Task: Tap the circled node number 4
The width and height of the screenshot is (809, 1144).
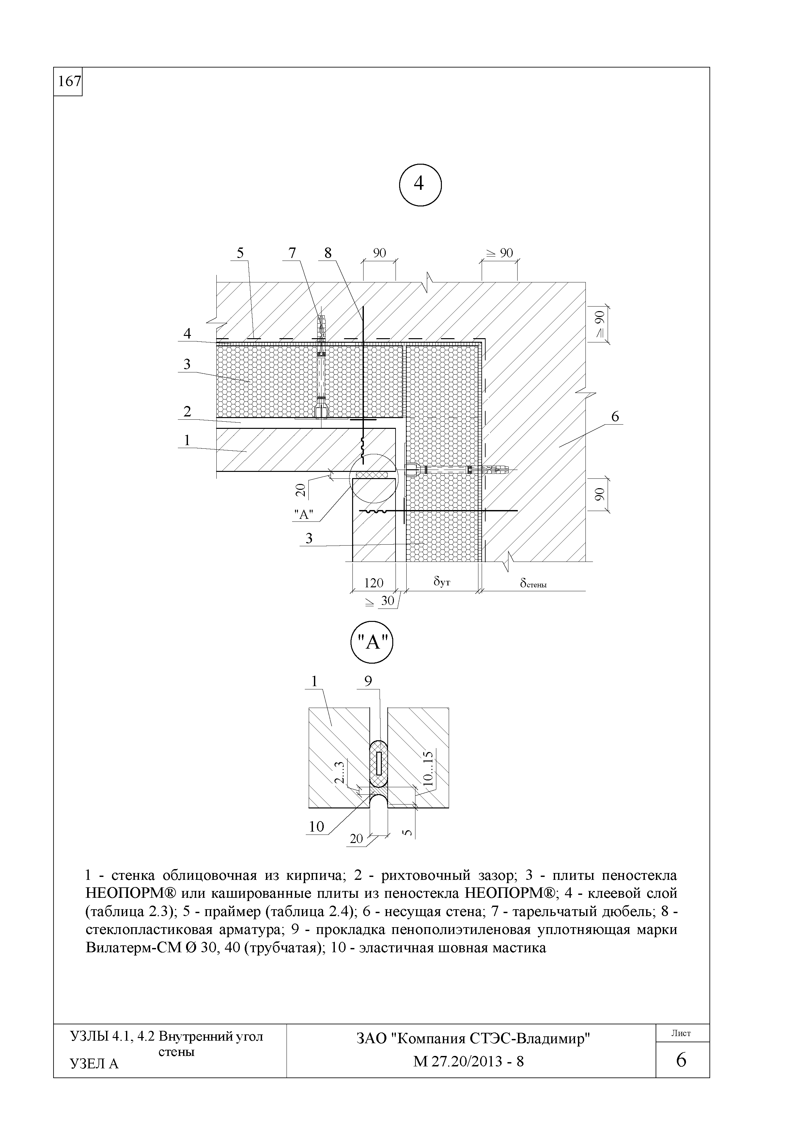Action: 420,184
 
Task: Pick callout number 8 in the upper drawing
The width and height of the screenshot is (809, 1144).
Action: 328,253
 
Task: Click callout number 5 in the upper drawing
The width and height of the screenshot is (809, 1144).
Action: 240,253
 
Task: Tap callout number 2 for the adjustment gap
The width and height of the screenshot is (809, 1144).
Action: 187,412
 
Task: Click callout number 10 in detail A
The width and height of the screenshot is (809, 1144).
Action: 317,827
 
